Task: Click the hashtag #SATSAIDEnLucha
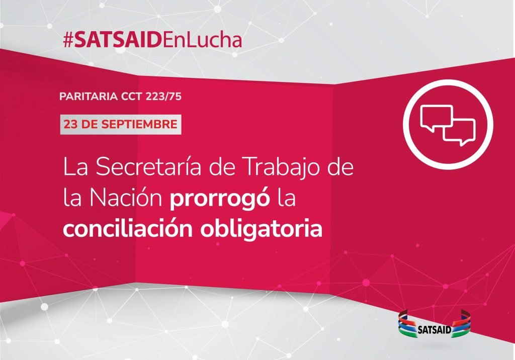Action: click(x=153, y=40)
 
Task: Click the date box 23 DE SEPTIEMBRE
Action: click(x=121, y=125)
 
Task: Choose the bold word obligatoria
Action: click(x=262, y=229)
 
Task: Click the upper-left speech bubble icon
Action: click(x=436, y=117)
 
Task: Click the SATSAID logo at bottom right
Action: click(x=435, y=324)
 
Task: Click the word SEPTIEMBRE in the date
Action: click(x=139, y=125)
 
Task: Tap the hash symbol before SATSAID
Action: click(x=68, y=40)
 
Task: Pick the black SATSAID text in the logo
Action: click(x=434, y=330)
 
